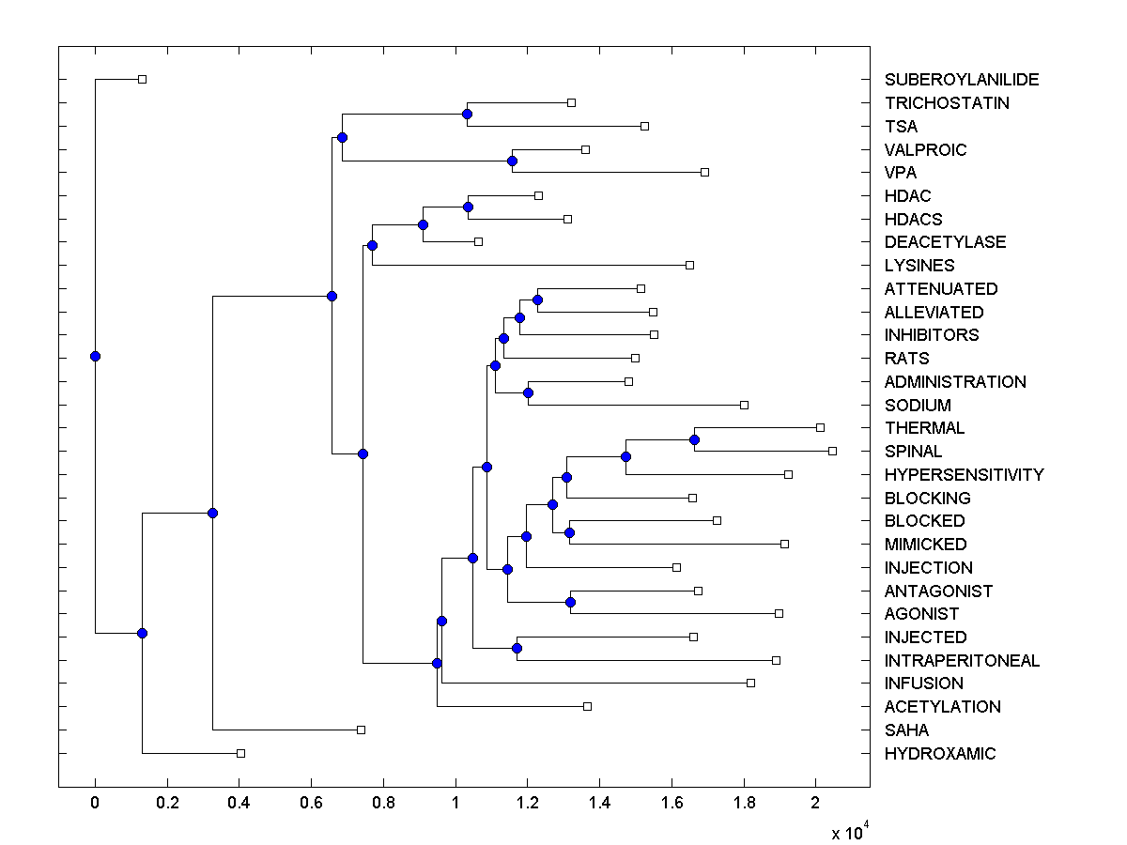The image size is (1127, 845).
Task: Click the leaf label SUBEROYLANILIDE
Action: click(949, 80)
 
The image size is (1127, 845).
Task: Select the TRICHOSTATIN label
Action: click(947, 103)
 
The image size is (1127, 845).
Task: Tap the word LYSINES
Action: click(919, 266)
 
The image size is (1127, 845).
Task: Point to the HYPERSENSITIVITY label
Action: click(964, 475)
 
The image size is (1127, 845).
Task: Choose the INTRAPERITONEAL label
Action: click(962, 661)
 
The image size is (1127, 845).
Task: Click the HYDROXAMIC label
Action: click(940, 754)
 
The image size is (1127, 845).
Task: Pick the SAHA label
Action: click(906, 730)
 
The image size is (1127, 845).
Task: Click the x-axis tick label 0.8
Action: click(383, 804)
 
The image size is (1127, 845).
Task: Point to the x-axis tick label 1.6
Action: click(672, 804)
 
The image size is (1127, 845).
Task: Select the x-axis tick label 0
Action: click(95, 804)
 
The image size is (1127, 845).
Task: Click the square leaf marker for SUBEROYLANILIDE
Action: click(142, 79)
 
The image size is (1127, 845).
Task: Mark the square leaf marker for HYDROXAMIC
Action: click(240, 753)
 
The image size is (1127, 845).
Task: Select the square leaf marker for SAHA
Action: click(361, 730)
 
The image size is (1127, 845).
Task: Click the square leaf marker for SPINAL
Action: click(832, 451)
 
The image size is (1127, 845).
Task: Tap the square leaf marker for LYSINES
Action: click(689, 265)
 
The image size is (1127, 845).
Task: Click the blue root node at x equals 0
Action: click(95, 356)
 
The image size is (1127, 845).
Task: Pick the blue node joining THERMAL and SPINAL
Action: click(694, 439)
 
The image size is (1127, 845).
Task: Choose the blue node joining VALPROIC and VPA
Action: click(512, 161)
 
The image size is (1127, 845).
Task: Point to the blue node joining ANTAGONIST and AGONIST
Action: click(570, 602)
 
